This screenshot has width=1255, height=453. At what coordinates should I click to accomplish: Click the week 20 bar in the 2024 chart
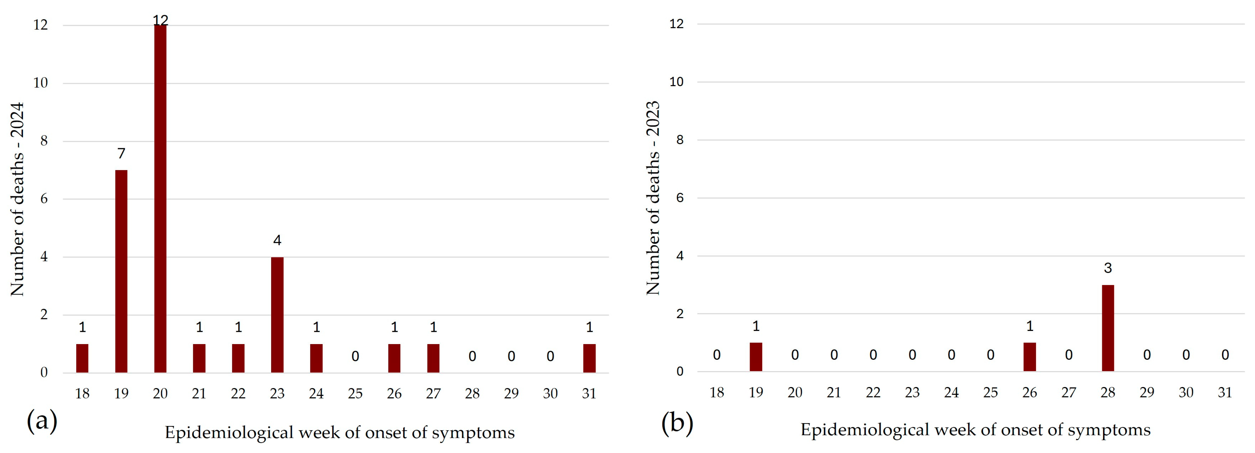click(160, 199)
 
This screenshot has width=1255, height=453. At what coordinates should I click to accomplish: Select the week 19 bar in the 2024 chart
click(121, 271)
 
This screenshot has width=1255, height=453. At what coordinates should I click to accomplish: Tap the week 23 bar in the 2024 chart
click(277, 315)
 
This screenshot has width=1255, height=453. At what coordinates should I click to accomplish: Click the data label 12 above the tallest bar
click(160, 20)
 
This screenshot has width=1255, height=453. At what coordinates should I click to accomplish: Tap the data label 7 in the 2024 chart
click(121, 154)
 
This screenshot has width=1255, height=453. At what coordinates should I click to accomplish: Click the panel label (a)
click(42, 420)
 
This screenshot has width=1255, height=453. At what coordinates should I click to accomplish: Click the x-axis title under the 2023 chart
click(975, 430)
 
